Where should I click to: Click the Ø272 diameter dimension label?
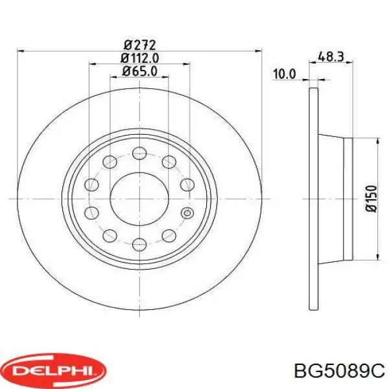point(139,45)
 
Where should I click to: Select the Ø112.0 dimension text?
point(139,58)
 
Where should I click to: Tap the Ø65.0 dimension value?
point(139,71)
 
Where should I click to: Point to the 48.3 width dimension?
point(331,57)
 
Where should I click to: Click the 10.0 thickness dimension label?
point(285,74)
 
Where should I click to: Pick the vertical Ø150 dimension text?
point(371,198)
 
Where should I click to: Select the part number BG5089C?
point(339,371)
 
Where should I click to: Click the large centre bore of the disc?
point(139,199)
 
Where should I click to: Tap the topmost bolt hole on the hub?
point(139,153)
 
